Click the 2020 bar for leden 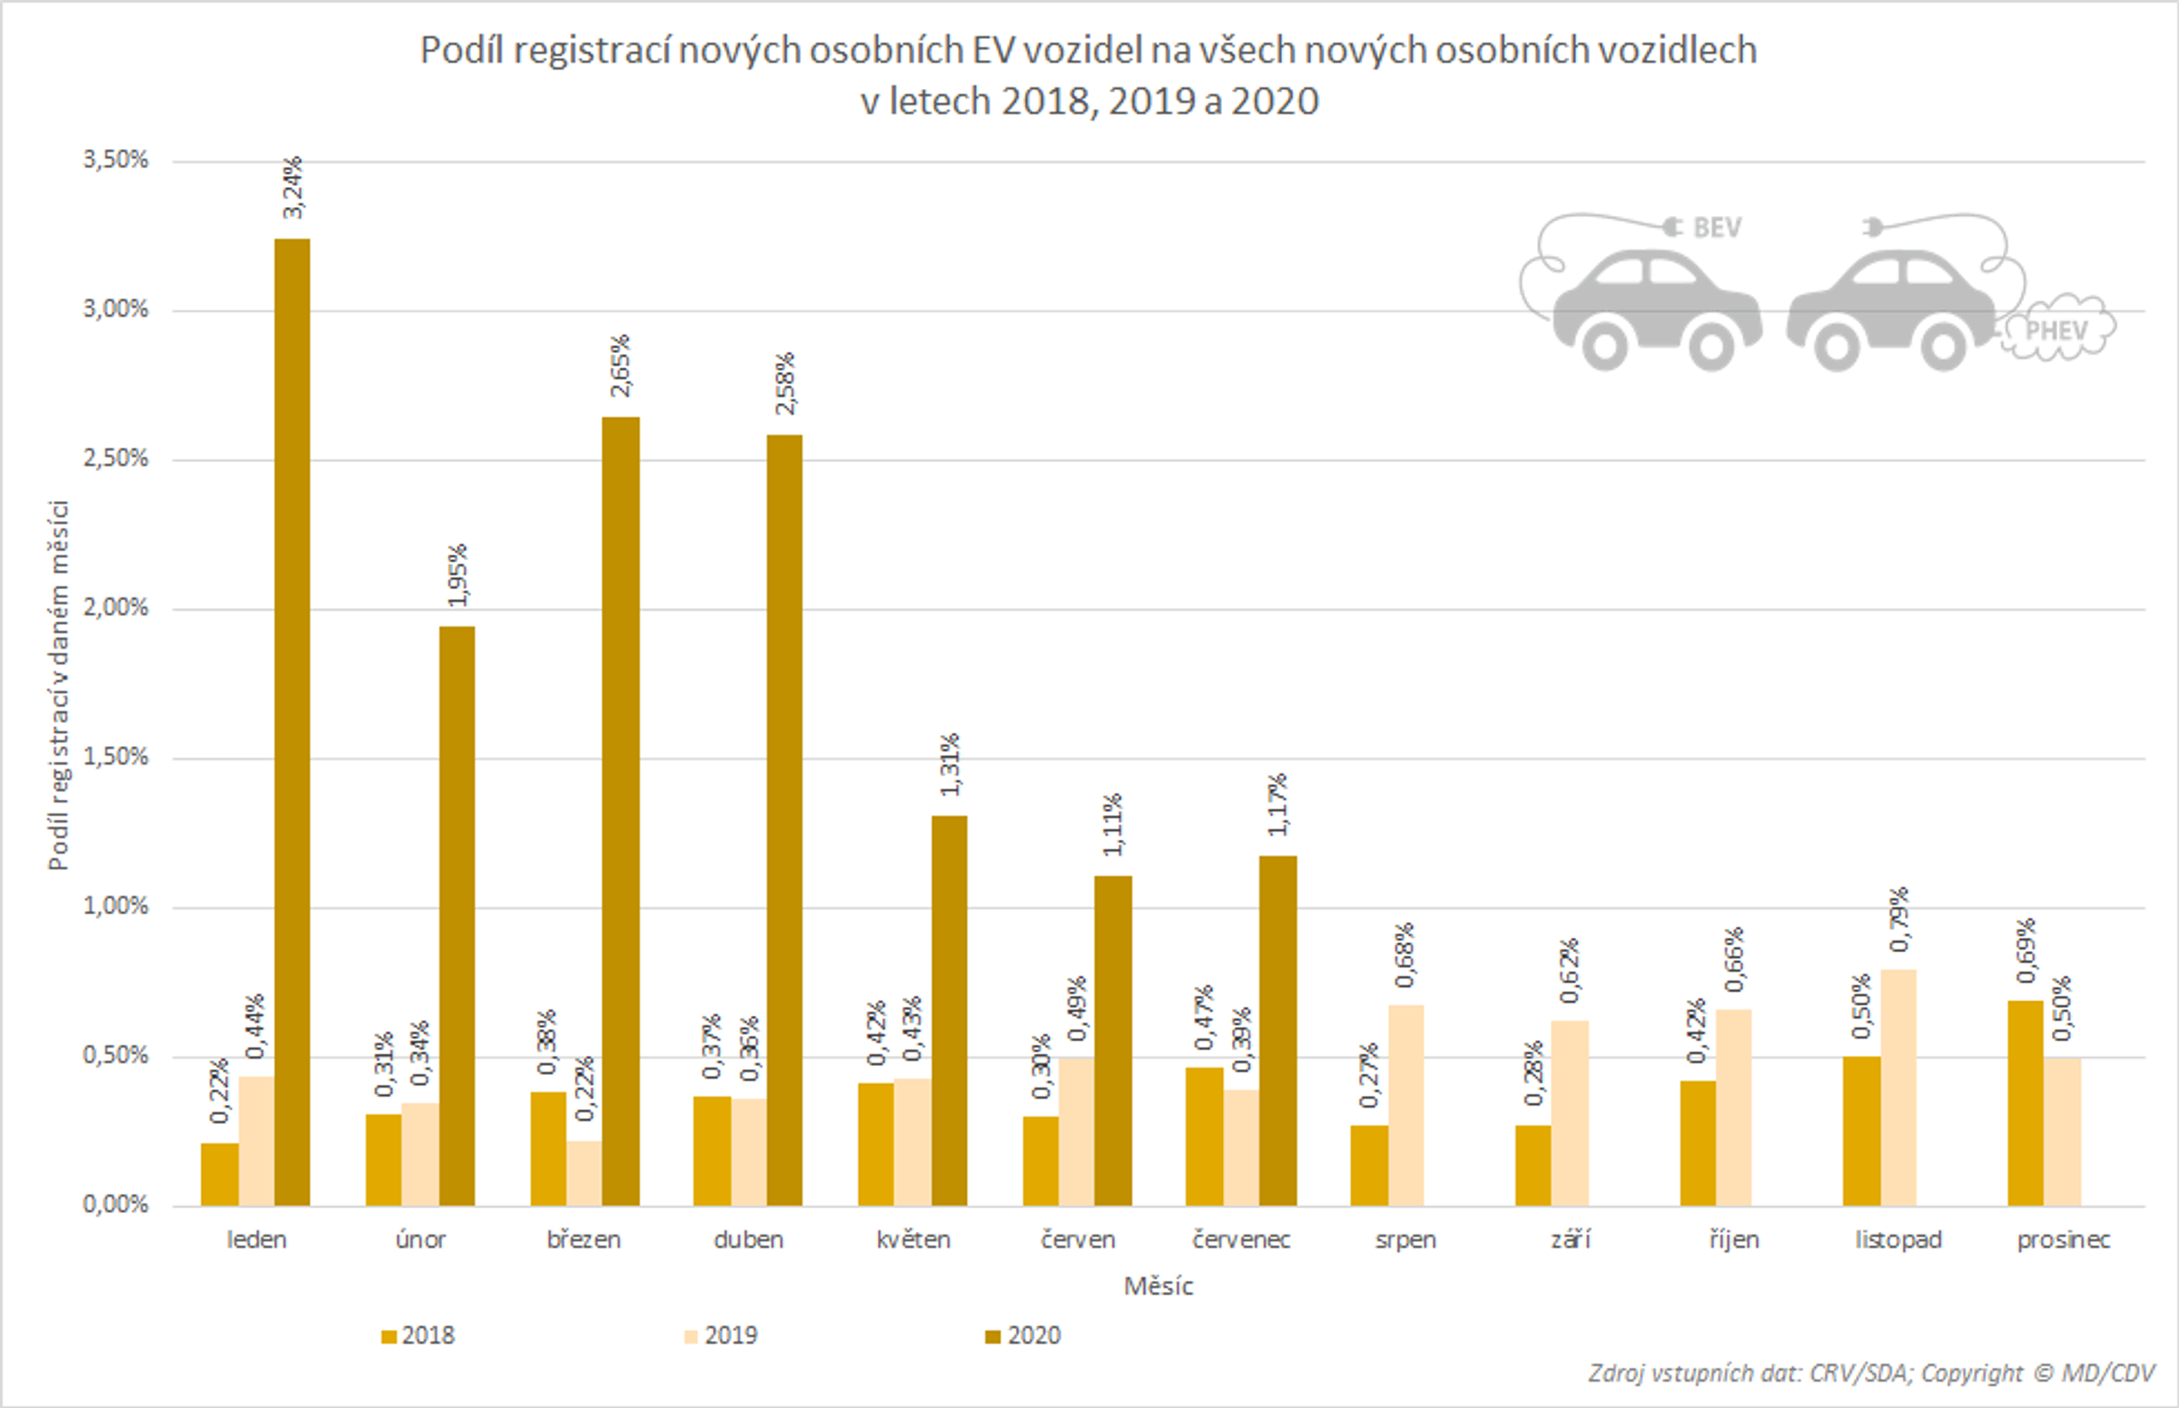[x=292, y=723]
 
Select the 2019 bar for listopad [x=1898, y=1087]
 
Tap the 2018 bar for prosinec [x=2026, y=1103]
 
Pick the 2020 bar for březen [x=621, y=811]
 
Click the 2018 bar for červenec [x=1204, y=1136]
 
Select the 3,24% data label [x=292, y=187]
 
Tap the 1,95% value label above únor [x=458, y=574]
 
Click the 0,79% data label [x=1899, y=918]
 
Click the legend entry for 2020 [x=1023, y=1335]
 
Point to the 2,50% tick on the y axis [x=115, y=458]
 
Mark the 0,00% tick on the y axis [x=115, y=1204]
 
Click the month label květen [x=912, y=1240]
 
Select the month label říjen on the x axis [x=1734, y=1240]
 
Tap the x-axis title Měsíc [x=1158, y=1286]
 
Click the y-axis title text [x=58, y=685]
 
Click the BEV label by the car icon [x=1716, y=228]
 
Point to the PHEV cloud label [x=2056, y=330]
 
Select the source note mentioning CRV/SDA [x=1871, y=1374]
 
